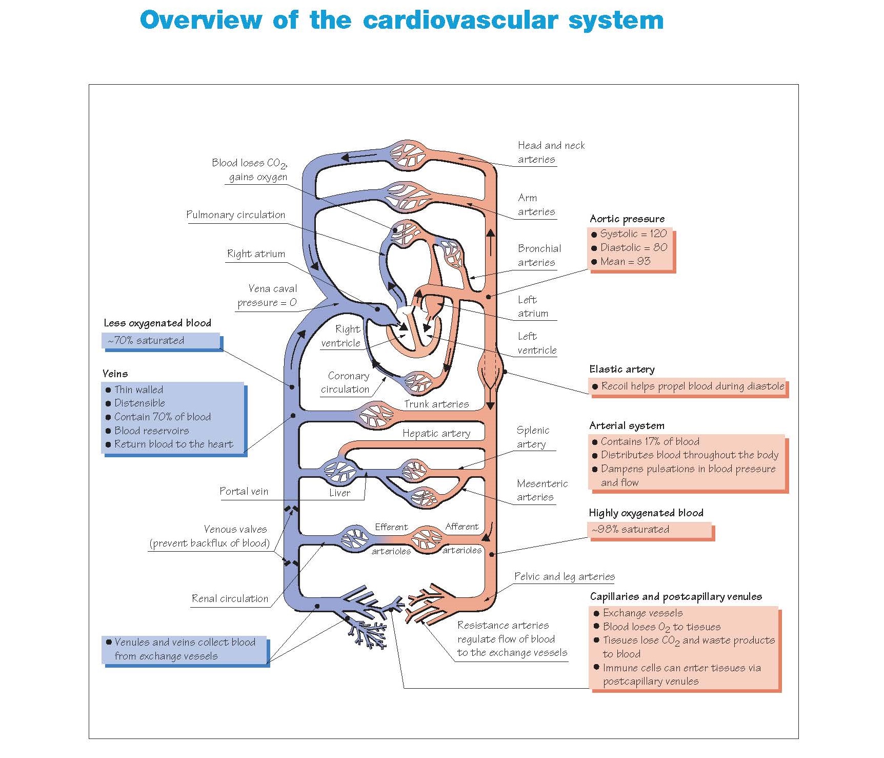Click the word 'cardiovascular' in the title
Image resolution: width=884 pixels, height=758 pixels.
(460, 21)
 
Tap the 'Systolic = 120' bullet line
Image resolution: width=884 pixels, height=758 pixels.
(633, 234)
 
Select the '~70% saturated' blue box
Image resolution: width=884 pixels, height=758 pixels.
(162, 341)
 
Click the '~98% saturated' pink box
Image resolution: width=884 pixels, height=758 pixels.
(649, 530)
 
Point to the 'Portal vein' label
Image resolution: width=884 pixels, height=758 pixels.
(244, 492)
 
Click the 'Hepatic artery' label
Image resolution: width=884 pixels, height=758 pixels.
(436, 434)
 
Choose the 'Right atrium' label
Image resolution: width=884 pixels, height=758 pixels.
(256, 254)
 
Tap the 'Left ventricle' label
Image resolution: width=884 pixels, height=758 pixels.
(536, 343)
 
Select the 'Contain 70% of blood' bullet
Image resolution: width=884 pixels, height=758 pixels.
(162, 417)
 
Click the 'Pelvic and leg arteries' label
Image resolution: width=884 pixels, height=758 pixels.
(564, 577)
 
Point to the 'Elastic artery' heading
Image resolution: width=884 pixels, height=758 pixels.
(621, 370)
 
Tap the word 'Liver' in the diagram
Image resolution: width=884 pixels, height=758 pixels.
(339, 493)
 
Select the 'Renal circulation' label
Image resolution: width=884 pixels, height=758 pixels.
(230, 599)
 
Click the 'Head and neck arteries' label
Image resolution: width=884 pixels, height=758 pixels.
(551, 152)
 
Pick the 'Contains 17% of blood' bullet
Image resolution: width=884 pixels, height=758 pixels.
(650, 442)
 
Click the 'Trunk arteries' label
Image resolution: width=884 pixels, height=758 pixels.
(436, 404)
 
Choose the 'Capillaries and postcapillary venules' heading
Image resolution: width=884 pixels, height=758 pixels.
(675, 597)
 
